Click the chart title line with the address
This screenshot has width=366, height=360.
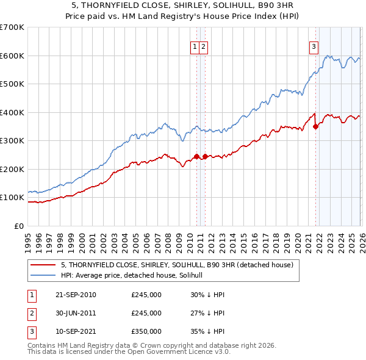[x=182, y=6]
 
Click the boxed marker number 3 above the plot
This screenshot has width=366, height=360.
[x=313, y=46]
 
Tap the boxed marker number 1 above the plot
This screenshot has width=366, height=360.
[x=195, y=46]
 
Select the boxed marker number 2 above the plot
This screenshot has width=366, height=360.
[x=203, y=46]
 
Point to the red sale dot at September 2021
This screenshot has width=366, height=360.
[x=315, y=127]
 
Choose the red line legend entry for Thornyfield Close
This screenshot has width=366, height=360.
[x=178, y=265]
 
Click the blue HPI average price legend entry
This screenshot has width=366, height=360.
[x=135, y=275]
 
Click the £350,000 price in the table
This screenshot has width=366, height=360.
[x=146, y=331]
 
